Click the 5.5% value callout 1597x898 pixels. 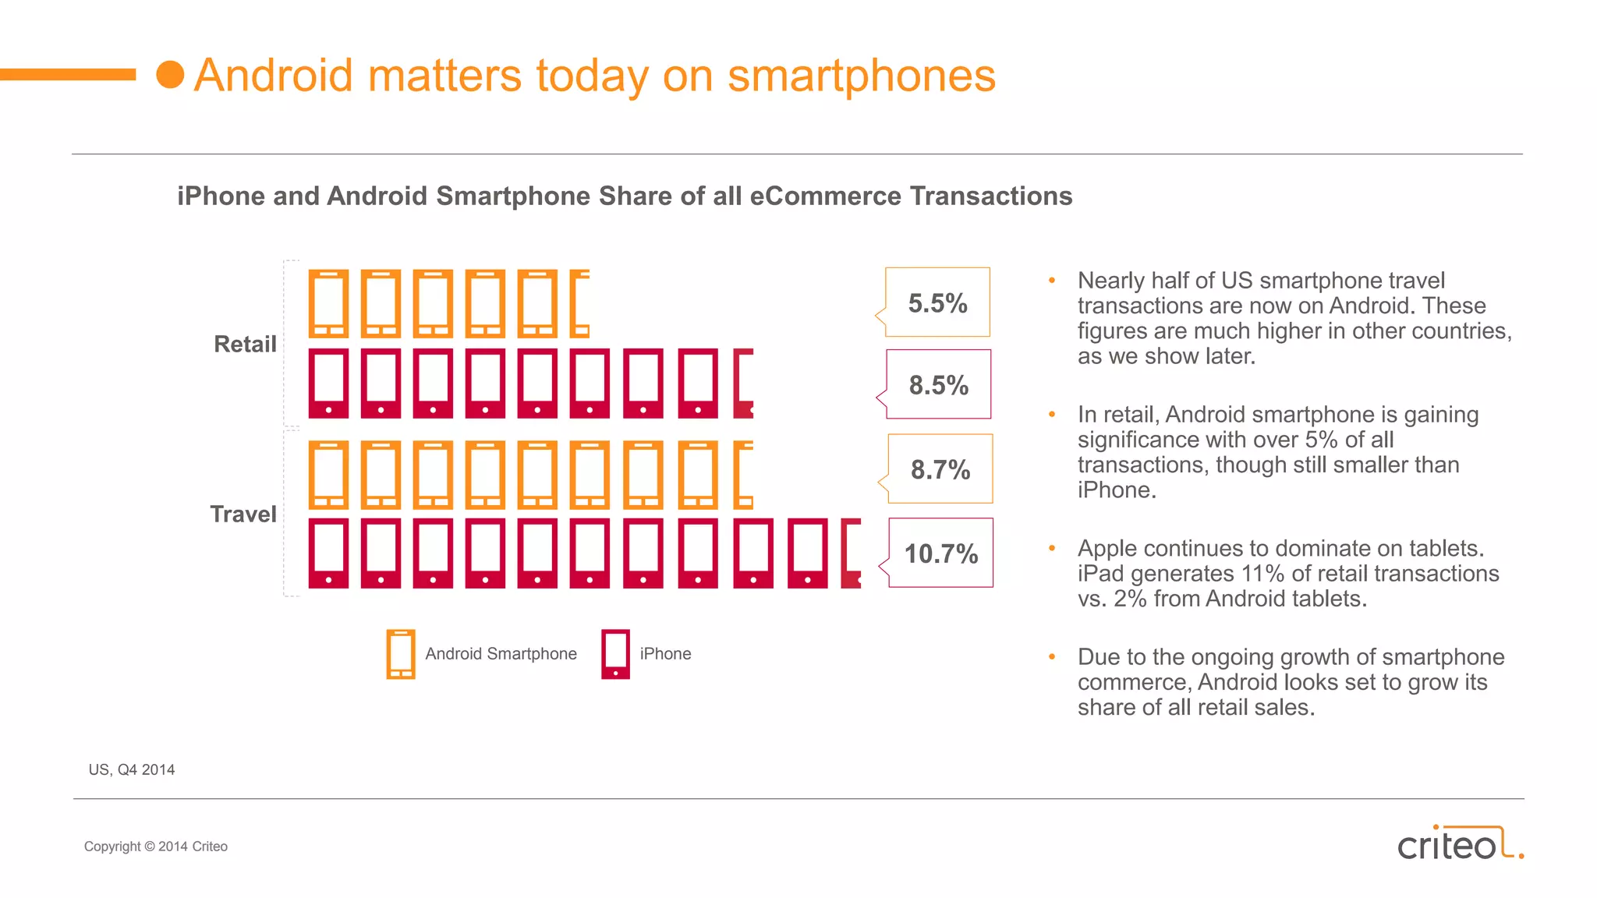[x=937, y=302]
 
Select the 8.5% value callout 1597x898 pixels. [x=938, y=384]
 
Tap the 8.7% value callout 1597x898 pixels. [x=940, y=468]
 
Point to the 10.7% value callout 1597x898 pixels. [x=940, y=553]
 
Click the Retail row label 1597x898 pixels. [x=245, y=344]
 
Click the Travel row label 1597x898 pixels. [x=243, y=514]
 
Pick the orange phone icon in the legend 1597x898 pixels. [x=401, y=653]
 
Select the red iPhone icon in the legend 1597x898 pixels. [x=615, y=653]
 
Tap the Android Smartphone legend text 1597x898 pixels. [x=501, y=653]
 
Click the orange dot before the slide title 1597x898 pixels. [x=170, y=75]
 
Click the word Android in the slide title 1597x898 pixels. [x=274, y=76]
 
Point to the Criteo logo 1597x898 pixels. [x=1459, y=843]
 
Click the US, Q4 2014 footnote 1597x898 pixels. [x=132, y=769]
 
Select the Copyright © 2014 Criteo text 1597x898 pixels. [x=156, y=846]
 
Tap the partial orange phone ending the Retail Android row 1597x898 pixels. [x=579, y=303]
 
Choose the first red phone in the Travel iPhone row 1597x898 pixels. [x=328, y=553]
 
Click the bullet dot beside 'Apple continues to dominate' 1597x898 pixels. [x=1052, y=548]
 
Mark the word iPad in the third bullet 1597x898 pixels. [x=1100, y=573]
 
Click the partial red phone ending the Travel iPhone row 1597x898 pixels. [x=851, y=553]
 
